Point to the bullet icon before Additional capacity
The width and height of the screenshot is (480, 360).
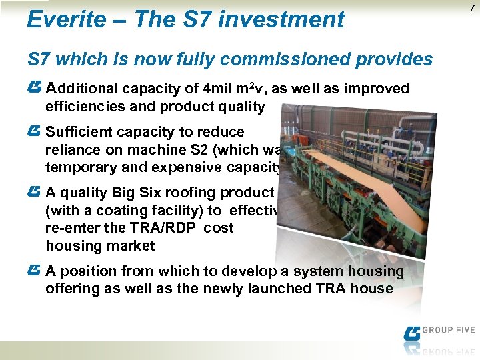35,88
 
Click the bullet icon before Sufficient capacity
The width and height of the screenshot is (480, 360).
35,131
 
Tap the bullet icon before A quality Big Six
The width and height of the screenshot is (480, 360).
35,192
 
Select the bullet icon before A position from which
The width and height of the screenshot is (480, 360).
35,271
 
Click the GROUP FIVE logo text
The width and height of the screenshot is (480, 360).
448,330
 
